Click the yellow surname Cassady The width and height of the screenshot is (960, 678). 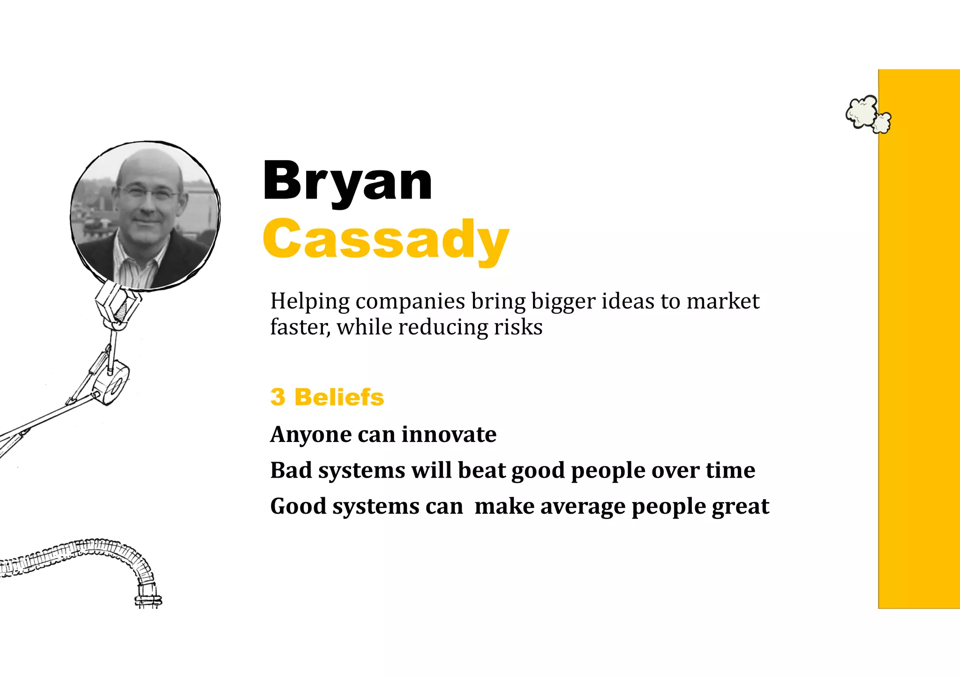[x=385, y=240]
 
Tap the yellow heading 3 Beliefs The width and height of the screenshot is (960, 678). [x=327, y=397]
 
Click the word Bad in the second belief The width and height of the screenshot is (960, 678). [x=291, y=470]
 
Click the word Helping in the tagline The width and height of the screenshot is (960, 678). [x=310, y=302]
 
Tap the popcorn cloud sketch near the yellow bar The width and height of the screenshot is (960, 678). [x=867, y=114]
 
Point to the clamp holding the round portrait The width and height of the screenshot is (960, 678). [x=117, y=304]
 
